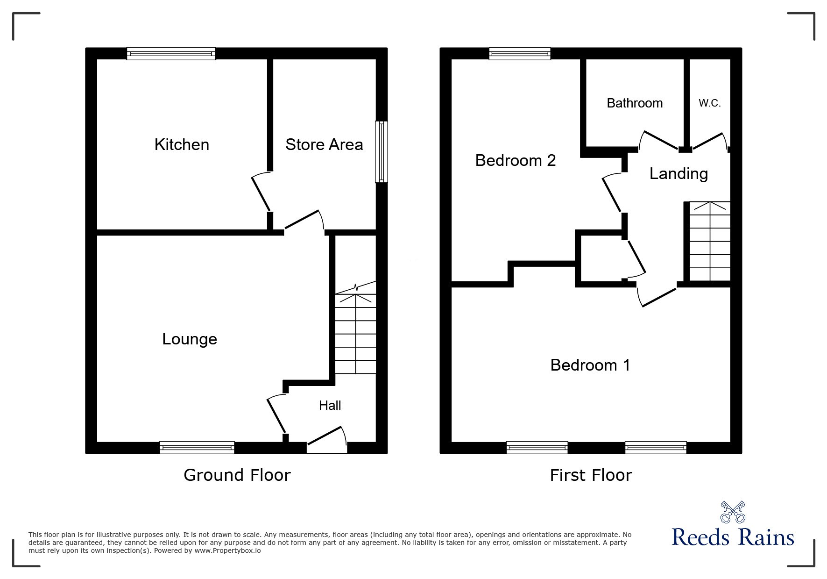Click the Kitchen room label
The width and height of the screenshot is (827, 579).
(x=182, y=145)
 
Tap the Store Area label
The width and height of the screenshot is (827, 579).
(x=324, y=145)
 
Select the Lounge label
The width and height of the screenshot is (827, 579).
(x=190, y=339)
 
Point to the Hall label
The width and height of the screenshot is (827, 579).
(x=330, y=406)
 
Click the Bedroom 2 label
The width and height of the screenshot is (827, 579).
(x=516, y=161)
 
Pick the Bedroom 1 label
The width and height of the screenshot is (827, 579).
(x=590, y=365)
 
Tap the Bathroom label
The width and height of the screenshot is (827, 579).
(x=635, y=103)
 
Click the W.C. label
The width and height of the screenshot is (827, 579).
(x=709, y=103)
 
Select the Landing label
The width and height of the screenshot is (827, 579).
(x=679, y=174)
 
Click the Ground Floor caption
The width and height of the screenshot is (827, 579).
(x=237, y=475)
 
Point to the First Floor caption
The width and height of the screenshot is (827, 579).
(x=591, y=475)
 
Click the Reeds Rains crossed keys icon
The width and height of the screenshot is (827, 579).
(x=733, y=512)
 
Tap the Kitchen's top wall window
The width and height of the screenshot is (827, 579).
(x=171, y=54)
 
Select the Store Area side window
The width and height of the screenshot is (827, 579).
(x=382, y=152)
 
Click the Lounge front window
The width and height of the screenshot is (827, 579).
(x=197, y=448)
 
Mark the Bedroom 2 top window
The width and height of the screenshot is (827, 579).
(x=520, y=54)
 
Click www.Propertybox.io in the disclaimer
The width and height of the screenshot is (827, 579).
(x=227, y=551)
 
